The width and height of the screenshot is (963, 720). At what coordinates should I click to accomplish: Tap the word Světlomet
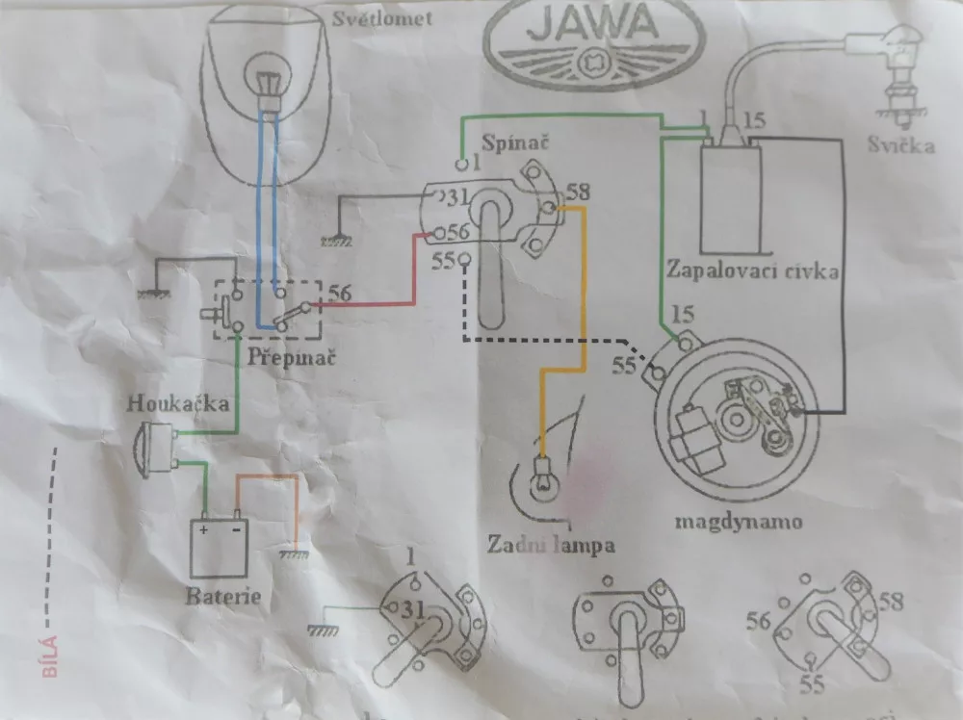coord(370,17)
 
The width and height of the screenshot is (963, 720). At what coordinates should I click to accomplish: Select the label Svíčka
coord(899,146)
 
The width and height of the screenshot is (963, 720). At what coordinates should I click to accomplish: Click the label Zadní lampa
coord(552,545)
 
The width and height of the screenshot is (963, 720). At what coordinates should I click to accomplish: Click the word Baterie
coord(223,596)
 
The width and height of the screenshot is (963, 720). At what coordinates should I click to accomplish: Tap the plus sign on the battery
coord(205,528)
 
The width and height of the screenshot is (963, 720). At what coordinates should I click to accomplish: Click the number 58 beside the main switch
coord(577,191)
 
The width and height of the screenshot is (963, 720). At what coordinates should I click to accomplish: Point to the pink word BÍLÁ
coord(51,656)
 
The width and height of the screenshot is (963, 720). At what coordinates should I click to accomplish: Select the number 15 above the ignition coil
coord(754,122)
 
